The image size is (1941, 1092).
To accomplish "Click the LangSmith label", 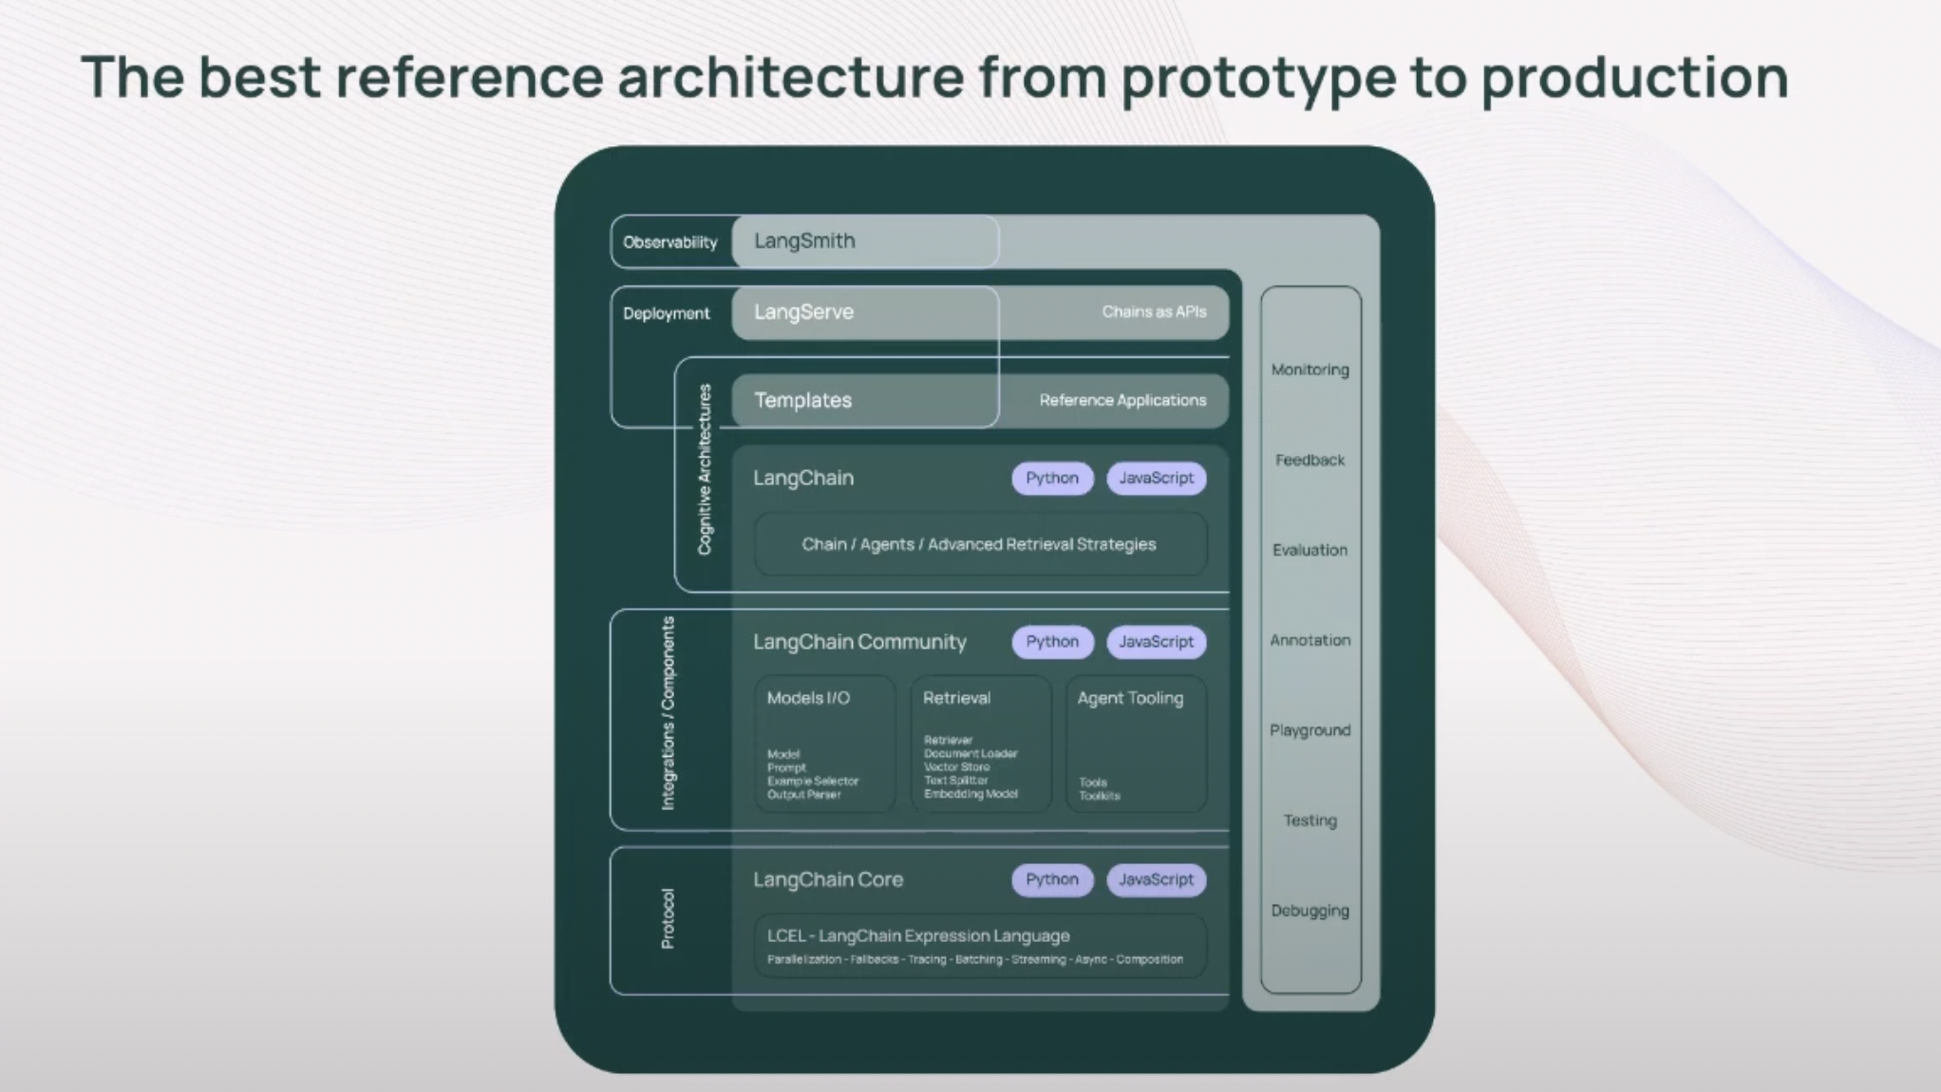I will [x=804, y=241].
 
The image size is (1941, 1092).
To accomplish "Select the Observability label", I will [x=669, y=242].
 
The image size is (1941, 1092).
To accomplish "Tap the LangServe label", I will [x=803, y=312].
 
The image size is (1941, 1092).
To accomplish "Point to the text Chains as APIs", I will [x=1154, y=311].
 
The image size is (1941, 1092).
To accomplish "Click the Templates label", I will [x=802, y=401].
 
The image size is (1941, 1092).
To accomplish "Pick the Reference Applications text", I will [x=1122, y=401].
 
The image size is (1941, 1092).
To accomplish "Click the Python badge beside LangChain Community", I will [x=1051, y=642].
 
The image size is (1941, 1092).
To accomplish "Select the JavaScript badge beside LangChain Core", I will [x=1156, y=879].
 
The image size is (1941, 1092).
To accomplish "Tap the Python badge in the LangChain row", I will [x=1051, y=478].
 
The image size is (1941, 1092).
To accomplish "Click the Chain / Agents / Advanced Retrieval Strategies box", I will [x=979, y=544].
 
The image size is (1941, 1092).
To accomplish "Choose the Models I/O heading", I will [x=808, y=698].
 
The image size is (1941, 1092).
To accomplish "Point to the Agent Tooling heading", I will [x=1130, y=698].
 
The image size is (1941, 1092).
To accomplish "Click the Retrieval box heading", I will [x=956, y=698].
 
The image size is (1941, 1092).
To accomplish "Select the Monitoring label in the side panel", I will [x=1310, y=369].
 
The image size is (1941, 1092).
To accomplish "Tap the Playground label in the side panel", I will [x=1310, y=730].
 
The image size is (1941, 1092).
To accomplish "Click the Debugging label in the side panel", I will [x=1310, y=911].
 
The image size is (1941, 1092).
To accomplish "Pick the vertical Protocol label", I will [x=668, y=918].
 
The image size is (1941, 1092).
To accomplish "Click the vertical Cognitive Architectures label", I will [x=705, y=469].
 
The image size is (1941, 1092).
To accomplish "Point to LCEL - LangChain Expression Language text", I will [x=918, y=935].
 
